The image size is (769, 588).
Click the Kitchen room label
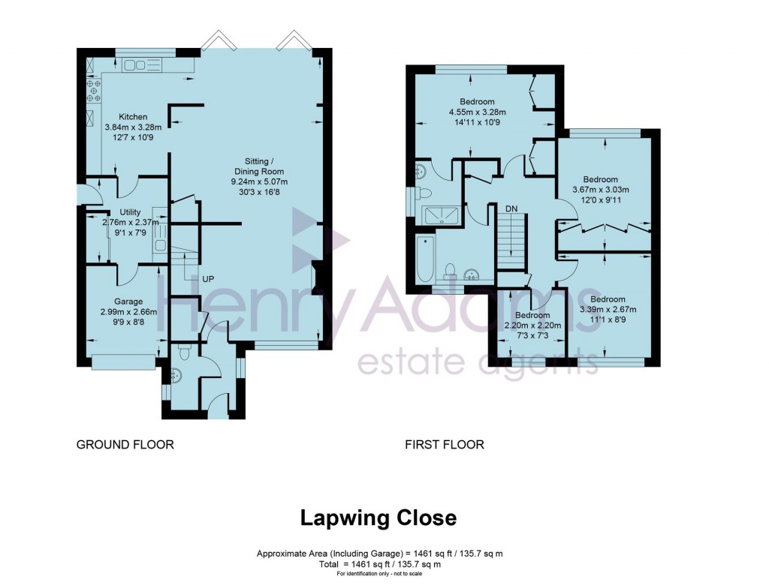pos(133,117)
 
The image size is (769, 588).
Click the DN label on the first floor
pos(511,208)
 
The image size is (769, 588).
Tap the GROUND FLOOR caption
pos(125,445)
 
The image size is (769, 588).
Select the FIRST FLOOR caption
pos(445,445)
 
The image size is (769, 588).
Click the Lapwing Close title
pos(378,517)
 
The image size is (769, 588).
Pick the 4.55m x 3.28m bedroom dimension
pos(477,113)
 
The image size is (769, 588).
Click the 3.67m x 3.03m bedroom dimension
pos(600,190)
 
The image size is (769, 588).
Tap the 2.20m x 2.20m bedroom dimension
pos(532,326)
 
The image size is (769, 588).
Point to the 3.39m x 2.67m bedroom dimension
pos(608,310)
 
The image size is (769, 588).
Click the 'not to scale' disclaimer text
pos(378,574)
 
